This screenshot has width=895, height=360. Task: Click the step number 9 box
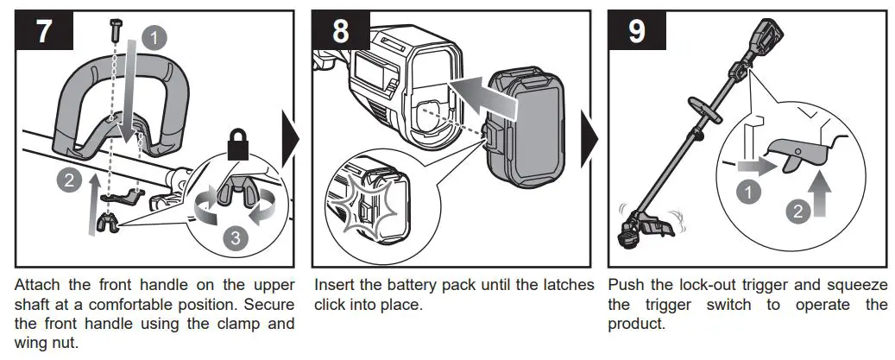tap(637, 32)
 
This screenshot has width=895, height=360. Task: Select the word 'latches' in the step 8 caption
tap(566, 284)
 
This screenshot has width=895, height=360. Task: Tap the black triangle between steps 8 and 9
tap(589, 138)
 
